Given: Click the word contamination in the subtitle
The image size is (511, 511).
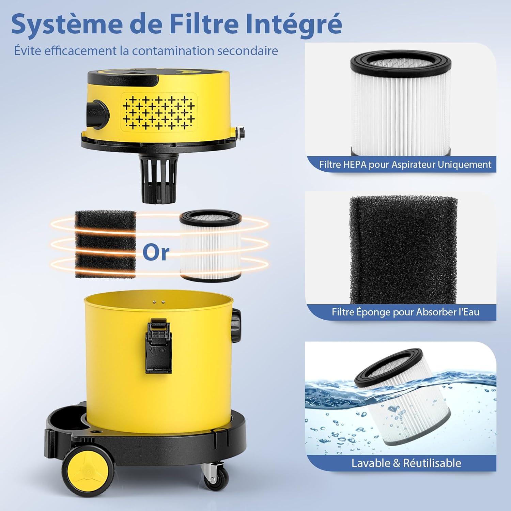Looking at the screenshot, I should coord(173,51).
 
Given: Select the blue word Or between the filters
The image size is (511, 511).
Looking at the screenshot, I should coord(156,252).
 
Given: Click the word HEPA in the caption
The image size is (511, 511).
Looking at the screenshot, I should coord(355,165).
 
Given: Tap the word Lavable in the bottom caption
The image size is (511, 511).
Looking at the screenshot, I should coord(371,463).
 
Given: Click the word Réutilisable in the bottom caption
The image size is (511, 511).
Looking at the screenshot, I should coord(432,463).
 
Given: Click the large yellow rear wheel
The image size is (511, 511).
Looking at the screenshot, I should coord(88,471).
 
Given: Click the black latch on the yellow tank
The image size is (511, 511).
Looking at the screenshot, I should coord(159,346).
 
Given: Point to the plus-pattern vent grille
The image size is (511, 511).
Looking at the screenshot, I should coord(159,112).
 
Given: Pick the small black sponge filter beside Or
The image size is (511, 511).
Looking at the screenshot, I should coord(105,244).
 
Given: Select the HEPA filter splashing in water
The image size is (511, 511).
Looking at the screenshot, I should coord(404,397).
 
